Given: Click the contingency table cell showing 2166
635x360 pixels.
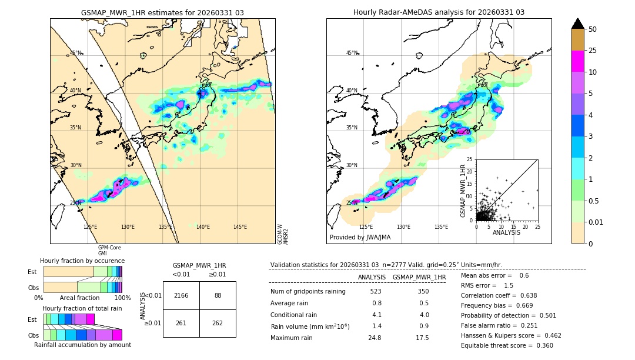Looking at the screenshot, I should [181, 295].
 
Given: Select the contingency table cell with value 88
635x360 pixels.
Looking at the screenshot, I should [218, 295].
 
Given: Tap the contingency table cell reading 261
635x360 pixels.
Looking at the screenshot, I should [181, 323].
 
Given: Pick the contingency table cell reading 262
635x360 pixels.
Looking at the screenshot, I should [218, 323].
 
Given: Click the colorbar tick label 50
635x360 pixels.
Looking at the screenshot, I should [593, 29].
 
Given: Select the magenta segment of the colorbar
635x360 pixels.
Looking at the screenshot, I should [578, 61].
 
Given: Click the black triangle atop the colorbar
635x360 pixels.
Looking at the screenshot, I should [578, 24].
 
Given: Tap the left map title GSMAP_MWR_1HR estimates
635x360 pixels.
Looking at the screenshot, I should [162, 12].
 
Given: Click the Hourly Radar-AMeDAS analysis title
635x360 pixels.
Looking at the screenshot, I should [439, 12].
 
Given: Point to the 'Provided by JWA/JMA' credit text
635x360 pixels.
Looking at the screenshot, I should [360, 237].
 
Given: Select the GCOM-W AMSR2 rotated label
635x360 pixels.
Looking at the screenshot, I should [283, 234].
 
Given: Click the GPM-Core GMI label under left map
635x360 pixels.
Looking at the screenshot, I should [109, 250].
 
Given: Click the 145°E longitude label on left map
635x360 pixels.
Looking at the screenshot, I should [240, 227].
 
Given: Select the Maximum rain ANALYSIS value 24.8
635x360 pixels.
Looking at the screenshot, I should [376, 338].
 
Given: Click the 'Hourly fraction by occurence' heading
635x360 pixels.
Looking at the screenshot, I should [82, 261].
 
